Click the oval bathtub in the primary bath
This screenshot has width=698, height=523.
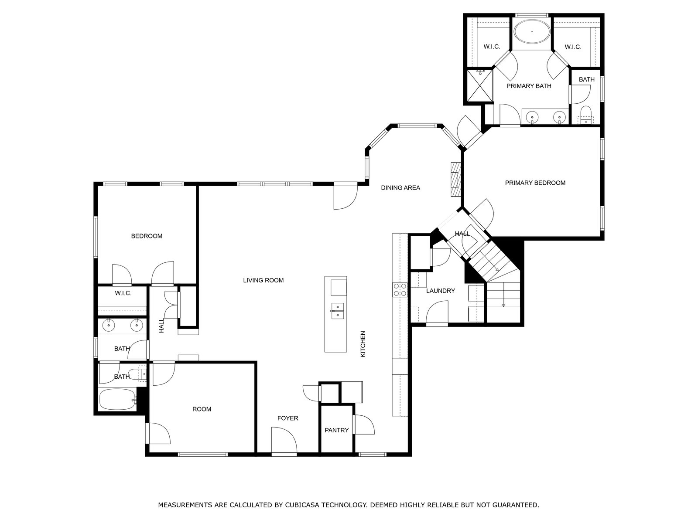coord(532,32)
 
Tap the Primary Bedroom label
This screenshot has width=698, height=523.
coord(535,183)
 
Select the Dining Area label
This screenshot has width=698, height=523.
coord(400,188)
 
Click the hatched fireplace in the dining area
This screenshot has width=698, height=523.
coord(456,180)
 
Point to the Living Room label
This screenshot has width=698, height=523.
coord(263,280)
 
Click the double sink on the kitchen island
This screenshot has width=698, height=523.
coord(337,311)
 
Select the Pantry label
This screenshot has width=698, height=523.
coord(336,430)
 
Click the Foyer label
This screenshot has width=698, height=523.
coord(287,418)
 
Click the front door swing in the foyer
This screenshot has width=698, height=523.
coord(284,440)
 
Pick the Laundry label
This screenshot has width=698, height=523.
coord(441,291)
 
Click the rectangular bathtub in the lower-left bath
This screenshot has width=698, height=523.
coord(117,400)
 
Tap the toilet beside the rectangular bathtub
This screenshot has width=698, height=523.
coord(137,374)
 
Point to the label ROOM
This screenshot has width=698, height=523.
coord(202,409)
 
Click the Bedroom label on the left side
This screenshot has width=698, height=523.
coord(147,236)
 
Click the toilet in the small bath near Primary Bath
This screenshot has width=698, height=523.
coord(585,115)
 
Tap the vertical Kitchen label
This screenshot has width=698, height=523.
coord(363,344)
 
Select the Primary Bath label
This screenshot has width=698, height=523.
coord(529,86)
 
